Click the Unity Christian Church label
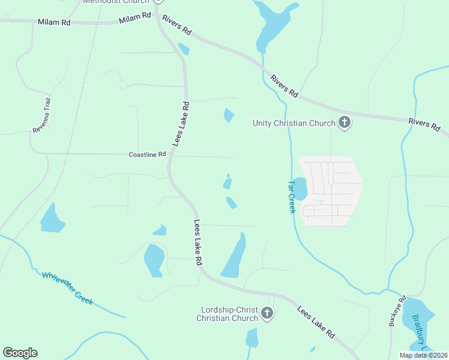coord(294,124)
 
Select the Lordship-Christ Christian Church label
coord(229,314)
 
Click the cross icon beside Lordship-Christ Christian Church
coord(267,313)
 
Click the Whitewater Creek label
coord(67,288)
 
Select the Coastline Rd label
coord(147,154)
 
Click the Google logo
coord(20,353)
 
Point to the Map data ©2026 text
coord(423,355)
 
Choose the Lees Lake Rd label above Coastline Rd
coord(181,124)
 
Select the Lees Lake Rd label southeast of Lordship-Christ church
coord(315,322)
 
